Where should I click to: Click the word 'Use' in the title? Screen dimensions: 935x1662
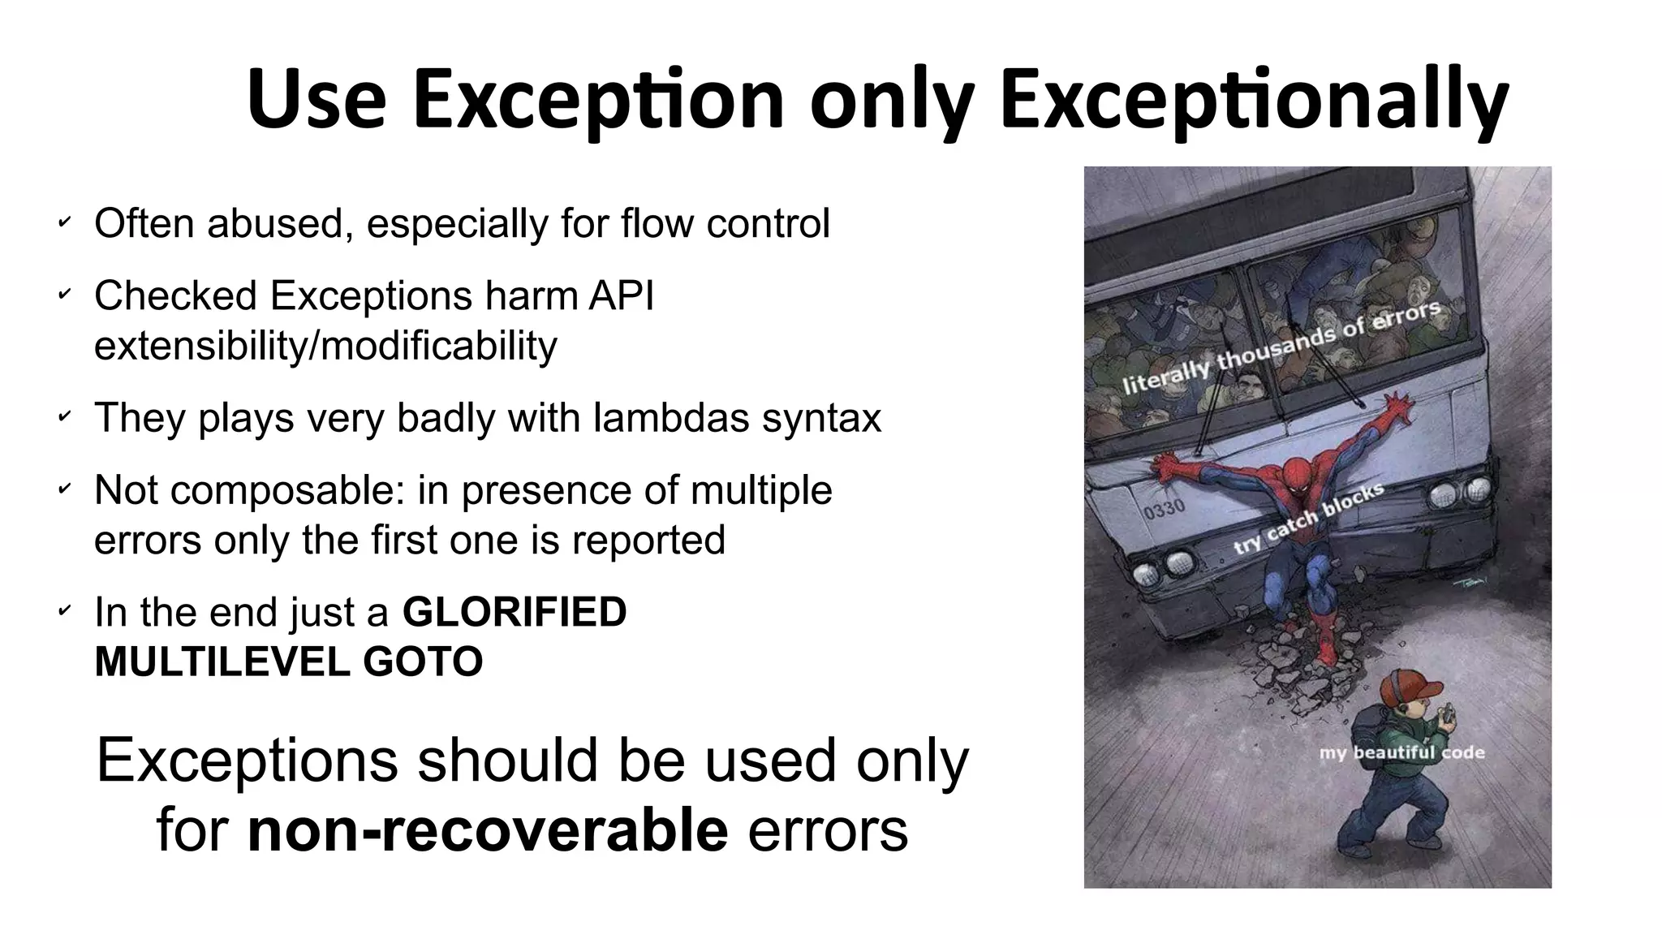click(316, 100)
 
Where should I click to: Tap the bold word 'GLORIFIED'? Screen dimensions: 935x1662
click(515, 612)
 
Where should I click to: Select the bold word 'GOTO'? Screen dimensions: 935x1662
click(423, 661)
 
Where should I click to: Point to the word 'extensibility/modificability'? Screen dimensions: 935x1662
click(325, 346)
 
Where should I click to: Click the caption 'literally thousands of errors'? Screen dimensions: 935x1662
click(1281, 347)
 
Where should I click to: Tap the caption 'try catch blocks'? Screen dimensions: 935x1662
click(1308, 519)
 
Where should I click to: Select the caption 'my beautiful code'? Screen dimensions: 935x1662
click(1402, 752)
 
